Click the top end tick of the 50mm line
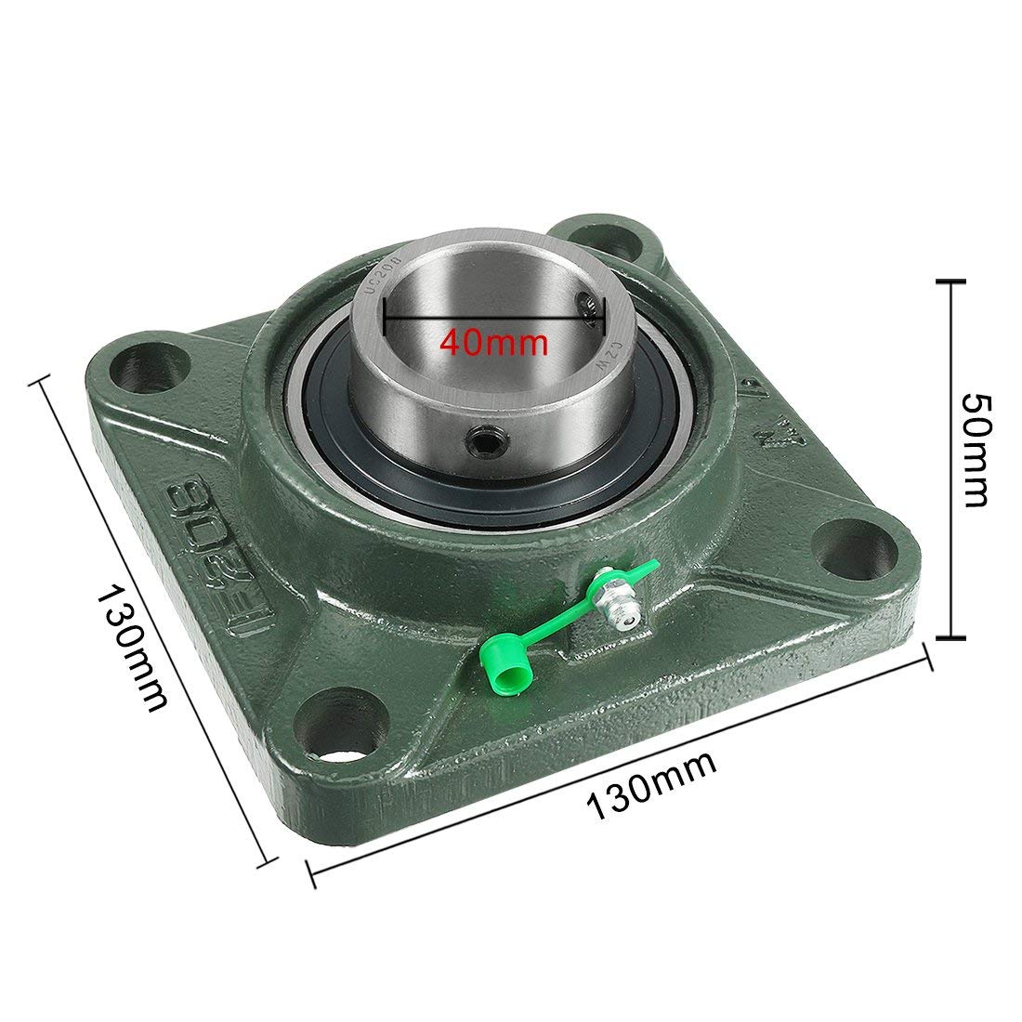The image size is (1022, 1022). coord(948,280)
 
